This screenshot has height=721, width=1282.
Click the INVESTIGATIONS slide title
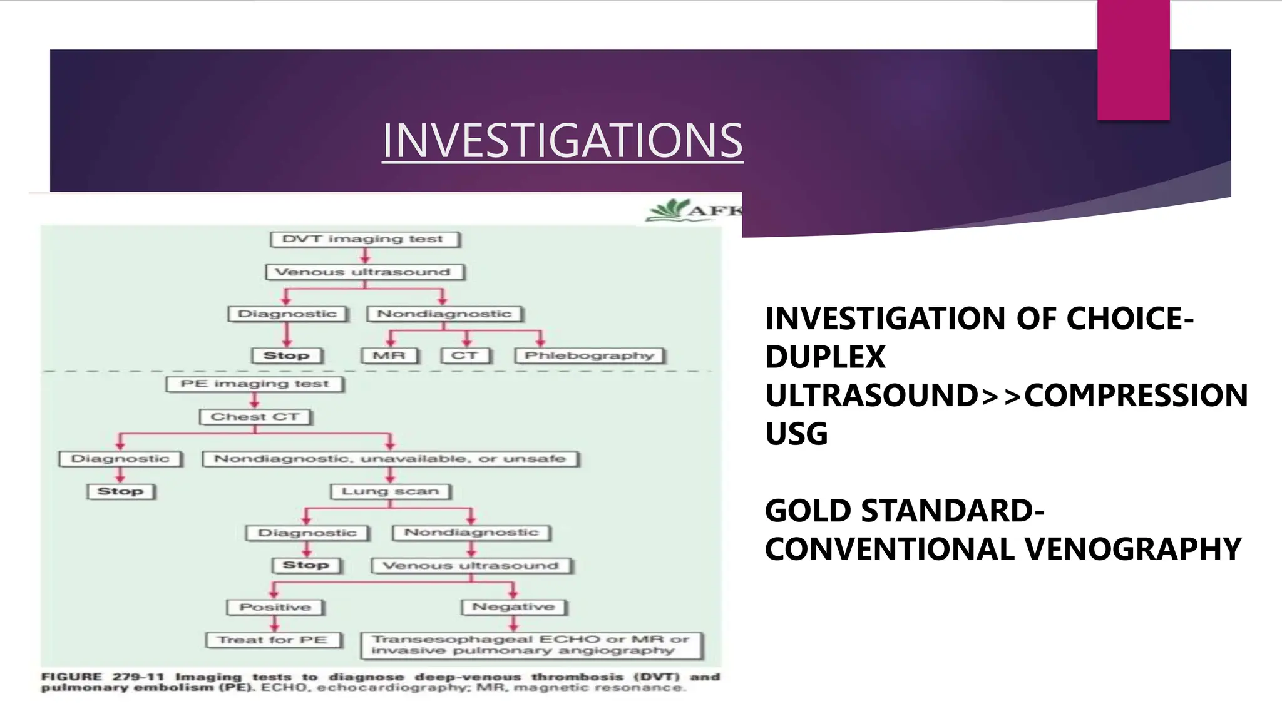click(x=562, y=140)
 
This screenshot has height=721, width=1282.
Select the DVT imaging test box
click(x=365, y=239)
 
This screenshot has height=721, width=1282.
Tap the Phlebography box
click(x=590, y=355)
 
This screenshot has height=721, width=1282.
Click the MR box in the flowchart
click(x=389, y=355)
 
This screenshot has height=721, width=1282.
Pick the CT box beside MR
click(x=465, y=355)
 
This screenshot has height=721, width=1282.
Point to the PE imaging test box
click(x=255, y=384)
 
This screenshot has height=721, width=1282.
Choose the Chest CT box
click(x=255, y=417)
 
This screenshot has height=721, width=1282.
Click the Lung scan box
click(x=390, y=491)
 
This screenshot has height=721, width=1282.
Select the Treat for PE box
click(x=274, y=640)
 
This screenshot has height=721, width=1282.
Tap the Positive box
click(x=275, y=607)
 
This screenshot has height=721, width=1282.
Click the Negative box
click(x=513, y=607)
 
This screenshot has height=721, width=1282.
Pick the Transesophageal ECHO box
click(x=531, y=645)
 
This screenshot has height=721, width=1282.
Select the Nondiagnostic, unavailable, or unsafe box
click(x=390, y=459)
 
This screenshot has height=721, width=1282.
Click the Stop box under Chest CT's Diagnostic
click(x=121, y=491)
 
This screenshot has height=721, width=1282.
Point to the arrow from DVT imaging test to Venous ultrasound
click(x=366, y=255)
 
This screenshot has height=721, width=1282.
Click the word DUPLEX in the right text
click(x=825, y=357)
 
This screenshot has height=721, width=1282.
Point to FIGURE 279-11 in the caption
click(x=103, y=677)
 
